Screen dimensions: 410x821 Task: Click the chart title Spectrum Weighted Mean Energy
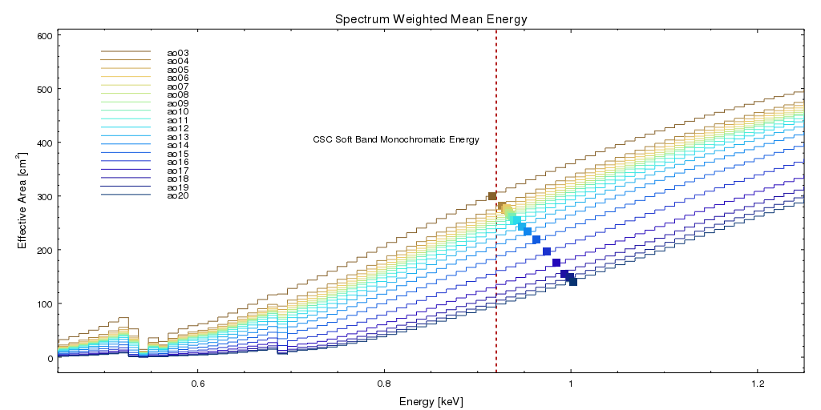click(x=431, y=18)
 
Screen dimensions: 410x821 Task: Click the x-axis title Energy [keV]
click(x=431, y=400)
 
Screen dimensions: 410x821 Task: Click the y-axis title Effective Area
click(x=23, y=193)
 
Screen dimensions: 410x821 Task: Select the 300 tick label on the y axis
click(x=44, y=196)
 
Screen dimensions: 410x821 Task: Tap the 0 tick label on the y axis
click(x=50, y=358)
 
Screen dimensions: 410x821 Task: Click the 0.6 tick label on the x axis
click(x=197, y=383)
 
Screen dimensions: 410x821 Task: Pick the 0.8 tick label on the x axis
click(x=384, y=383)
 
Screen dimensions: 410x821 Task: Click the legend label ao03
click(x=178, y=53)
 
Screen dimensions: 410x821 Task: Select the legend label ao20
click(x=178, y=196)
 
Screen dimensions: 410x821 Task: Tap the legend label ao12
click(x=178, y=129)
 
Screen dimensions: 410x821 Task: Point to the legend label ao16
click(x=178, y=163)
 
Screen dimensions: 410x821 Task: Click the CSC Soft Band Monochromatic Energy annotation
click(x=396, y=140)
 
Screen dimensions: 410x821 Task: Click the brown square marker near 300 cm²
click(x=492, y=196)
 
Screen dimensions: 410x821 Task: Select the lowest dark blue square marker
click(x=572, y=282)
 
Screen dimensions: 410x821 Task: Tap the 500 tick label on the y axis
click(x=44, y=89)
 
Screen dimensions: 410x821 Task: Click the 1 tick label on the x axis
click(x=571, y=383)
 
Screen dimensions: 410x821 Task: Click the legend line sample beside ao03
click(x=126, y=53)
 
